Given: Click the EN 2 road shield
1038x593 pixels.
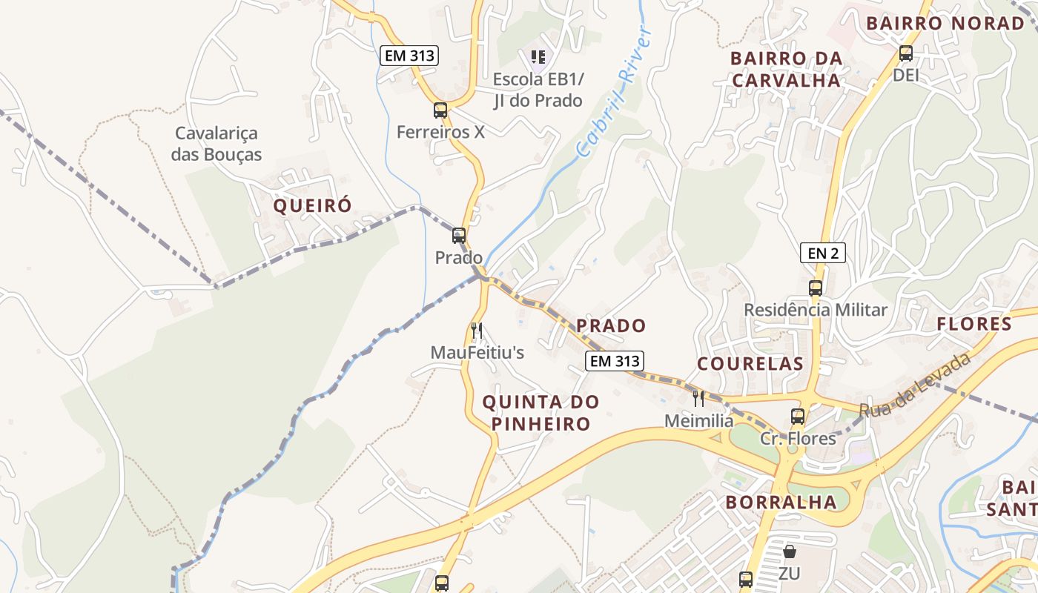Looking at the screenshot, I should pos(823,254).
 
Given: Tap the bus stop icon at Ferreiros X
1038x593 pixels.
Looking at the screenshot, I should pos(440,110).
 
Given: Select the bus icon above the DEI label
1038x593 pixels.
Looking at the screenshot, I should pos(905,53).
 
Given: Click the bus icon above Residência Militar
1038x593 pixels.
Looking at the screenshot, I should pos(816,288).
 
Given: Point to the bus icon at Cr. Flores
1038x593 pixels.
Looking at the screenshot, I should pos(798,417).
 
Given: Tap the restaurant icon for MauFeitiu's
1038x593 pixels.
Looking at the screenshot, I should pos(477,331).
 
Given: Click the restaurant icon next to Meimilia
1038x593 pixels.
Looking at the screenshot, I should pos(698,399).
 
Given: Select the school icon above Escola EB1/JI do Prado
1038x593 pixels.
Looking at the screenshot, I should pos(538,56).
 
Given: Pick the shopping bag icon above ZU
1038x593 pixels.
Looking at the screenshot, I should pos(790,552).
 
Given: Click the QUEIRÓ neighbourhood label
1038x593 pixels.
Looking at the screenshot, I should pos(312,206).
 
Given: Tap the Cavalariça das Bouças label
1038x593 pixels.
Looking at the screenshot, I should pos(216,144).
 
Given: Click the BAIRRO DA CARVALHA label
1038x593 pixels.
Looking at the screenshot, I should pos(786,69).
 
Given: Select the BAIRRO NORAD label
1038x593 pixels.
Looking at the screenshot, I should pos(945,23).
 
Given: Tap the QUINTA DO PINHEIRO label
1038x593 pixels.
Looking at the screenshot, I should pos(541,413).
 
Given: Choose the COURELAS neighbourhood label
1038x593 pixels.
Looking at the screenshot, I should pos(750,363).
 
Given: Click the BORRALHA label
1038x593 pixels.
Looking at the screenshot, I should pos(781,502).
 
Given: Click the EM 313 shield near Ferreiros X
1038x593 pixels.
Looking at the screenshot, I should pos(409,56).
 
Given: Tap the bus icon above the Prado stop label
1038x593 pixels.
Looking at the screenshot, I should pos(459,236).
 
